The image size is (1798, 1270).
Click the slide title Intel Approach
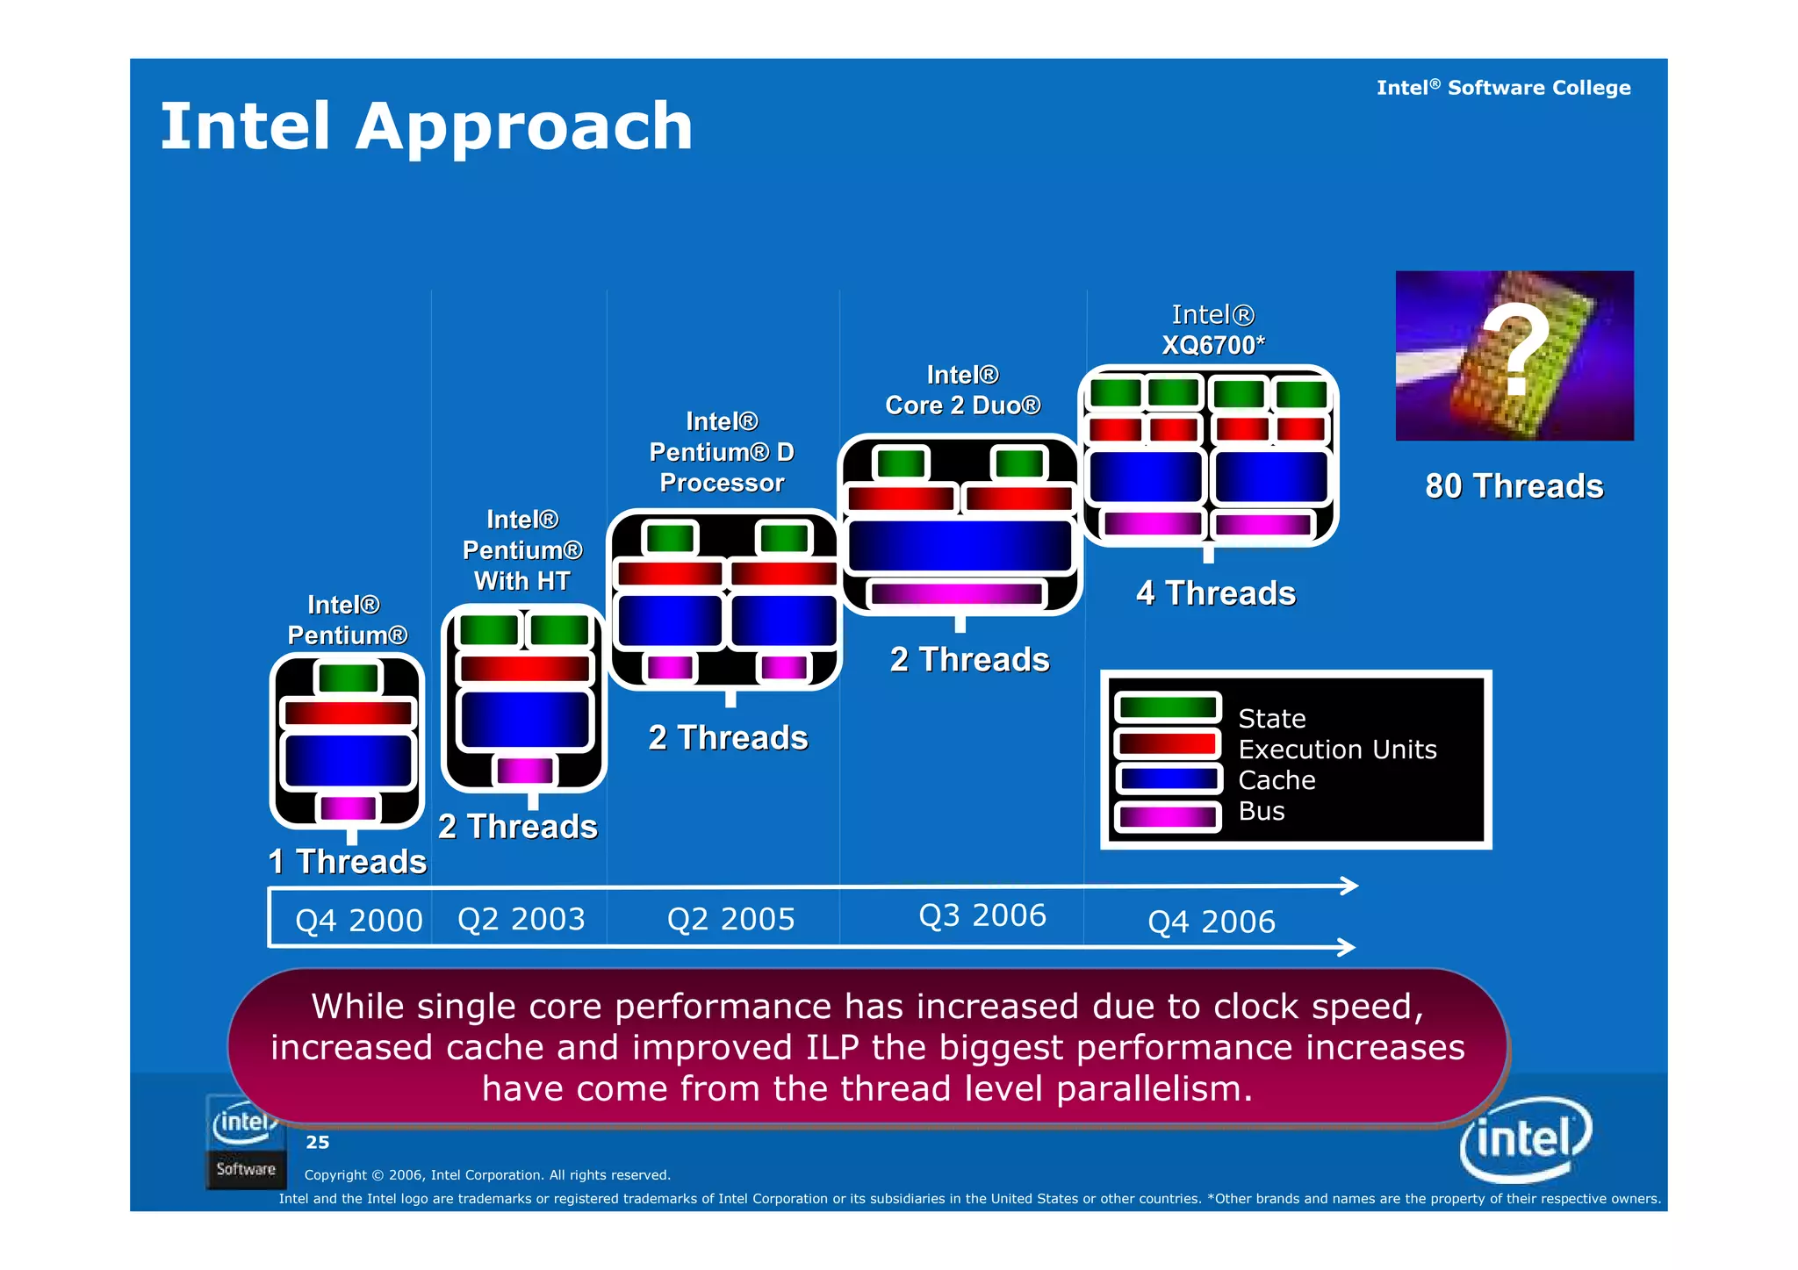tap(427, 127)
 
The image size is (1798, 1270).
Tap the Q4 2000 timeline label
tap(358, 921)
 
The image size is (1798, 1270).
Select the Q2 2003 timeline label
tap(521, 919)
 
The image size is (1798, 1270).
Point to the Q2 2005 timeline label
tap(730, 919)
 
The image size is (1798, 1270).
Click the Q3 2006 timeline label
tap(982, 915)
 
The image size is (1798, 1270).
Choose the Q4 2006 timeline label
tap(1211, 922)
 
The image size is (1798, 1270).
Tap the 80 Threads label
tap(1514, 486)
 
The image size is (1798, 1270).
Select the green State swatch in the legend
tap(1167, 707)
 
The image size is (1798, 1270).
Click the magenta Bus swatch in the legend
tap(1167, 816)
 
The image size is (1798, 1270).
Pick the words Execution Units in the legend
tap(1336, 750)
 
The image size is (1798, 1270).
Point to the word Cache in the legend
tap(1276, 780)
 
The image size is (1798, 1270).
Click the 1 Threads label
tap(348, 862)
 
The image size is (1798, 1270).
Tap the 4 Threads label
tap(1215, 593)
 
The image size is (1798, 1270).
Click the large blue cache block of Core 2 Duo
tap(960, 546)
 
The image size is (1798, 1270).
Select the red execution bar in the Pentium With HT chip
tap(524, 669)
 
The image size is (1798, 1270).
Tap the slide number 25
tap(317, 1142)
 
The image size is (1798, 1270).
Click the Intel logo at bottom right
tap(1525, 1139)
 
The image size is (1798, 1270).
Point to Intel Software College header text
tap(1502, 88)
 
